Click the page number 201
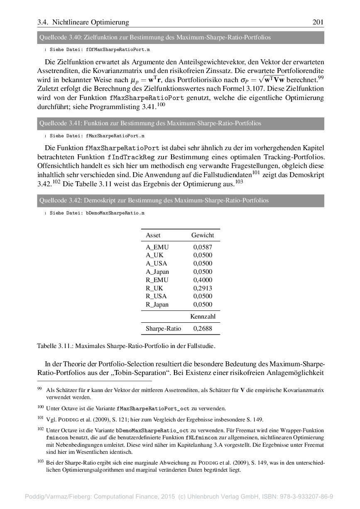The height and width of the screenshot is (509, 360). click(x=318, y=22)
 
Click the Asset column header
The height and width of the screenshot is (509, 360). click(x=153, y=235)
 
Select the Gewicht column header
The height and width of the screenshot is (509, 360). click(x=203, y=235)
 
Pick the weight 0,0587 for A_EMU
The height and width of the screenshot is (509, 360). click(x=203, y=247)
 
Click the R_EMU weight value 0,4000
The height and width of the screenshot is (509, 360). click(x=203, y=280)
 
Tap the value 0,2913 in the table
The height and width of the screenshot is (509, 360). click(x=203, y=288)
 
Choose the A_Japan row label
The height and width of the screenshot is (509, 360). click(x=157, y=272)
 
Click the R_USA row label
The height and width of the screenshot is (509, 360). click(x=156, y=296)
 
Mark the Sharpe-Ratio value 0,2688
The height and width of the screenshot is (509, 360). click(x=203, y=329)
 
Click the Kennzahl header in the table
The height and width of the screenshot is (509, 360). click(x=203, y=317)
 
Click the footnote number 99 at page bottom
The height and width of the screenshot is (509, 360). click(x=39, y=389)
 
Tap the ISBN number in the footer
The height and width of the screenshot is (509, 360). click(x=309, y=497)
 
